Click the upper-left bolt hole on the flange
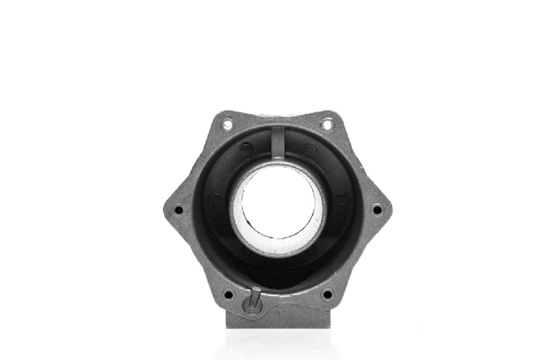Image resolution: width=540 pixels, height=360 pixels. click(226, 124)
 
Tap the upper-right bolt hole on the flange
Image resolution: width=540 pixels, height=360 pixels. click(326, 124)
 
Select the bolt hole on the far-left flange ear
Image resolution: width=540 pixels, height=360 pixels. click(178, 210)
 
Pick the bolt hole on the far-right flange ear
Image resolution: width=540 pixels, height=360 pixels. click(376, 210)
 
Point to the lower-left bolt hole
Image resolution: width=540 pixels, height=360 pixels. click(228, 293)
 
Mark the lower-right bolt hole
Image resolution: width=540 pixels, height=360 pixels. click(326, 293)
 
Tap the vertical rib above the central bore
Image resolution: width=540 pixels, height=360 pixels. click(277, 144)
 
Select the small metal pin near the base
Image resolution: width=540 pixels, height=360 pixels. click(255, 298)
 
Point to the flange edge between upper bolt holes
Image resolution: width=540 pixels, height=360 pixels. click(277, 114)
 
